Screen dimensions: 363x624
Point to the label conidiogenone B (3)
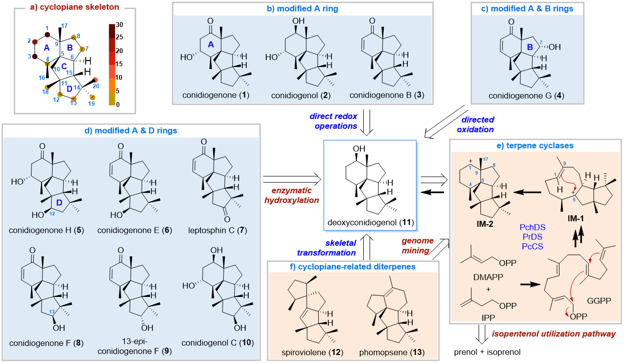[x=387, y=95]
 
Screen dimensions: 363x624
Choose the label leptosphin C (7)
[x=216, y=230]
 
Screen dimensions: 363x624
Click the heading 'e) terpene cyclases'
[x=535, y=146]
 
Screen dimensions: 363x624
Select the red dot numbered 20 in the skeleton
[x=95, y=80]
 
